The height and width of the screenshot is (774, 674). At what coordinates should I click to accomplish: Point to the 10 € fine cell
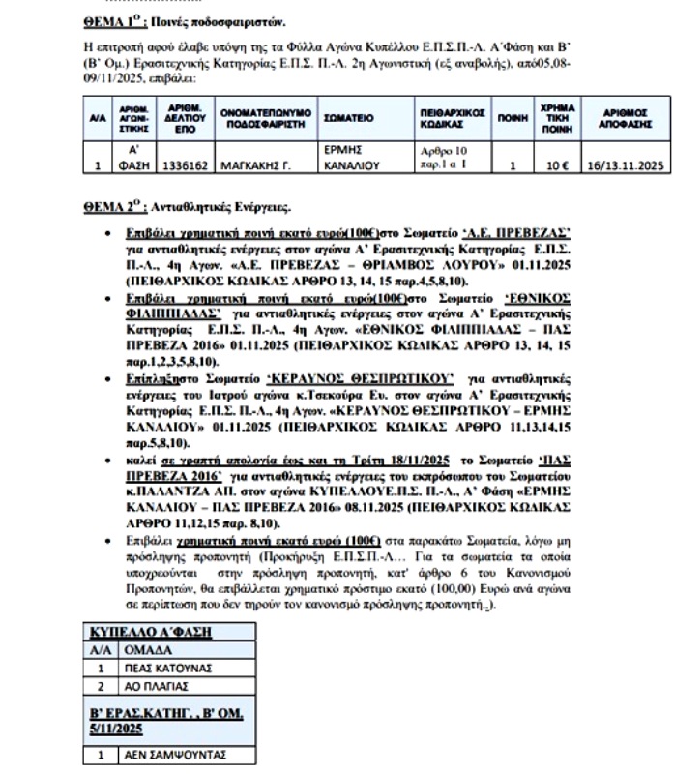558,165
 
